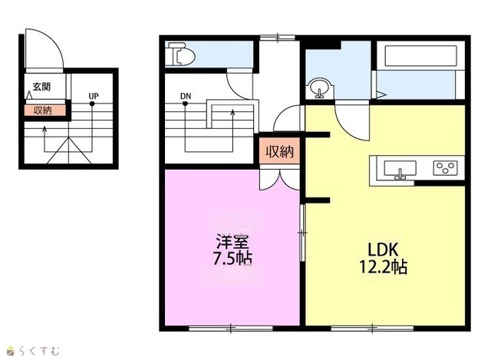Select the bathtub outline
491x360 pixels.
pyautogui.click(x=420, y=56)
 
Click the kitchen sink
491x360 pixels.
pyautogui.click(x=400, y=170)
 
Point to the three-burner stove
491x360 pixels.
pyautogui.click(x=445, y=167)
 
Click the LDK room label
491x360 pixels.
pyautogui.click(x=383, y=249)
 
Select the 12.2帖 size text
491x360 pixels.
pyautogui.click(x=383, y=267)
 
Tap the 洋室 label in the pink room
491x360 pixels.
pyautogui.click(x=232, y=242)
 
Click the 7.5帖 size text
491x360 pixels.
pyautogui.click(x=232, y=259)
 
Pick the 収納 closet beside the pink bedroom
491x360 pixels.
pyautogui.click(x=279, y=151)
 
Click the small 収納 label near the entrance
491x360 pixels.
pyautogui.click(x=43, y=111)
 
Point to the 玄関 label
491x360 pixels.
pyautogui.click(x=41, y=87)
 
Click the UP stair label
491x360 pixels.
pyautogui.click(x=94, y=96)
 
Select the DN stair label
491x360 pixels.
pyautogui.click(x=186, y=96)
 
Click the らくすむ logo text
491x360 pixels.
pyautogui.click(x=39, y=351)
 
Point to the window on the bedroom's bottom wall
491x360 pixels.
pyautogui.click(x=231, y=329)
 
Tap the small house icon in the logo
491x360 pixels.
pyautogui.click(x=12, y=351)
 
